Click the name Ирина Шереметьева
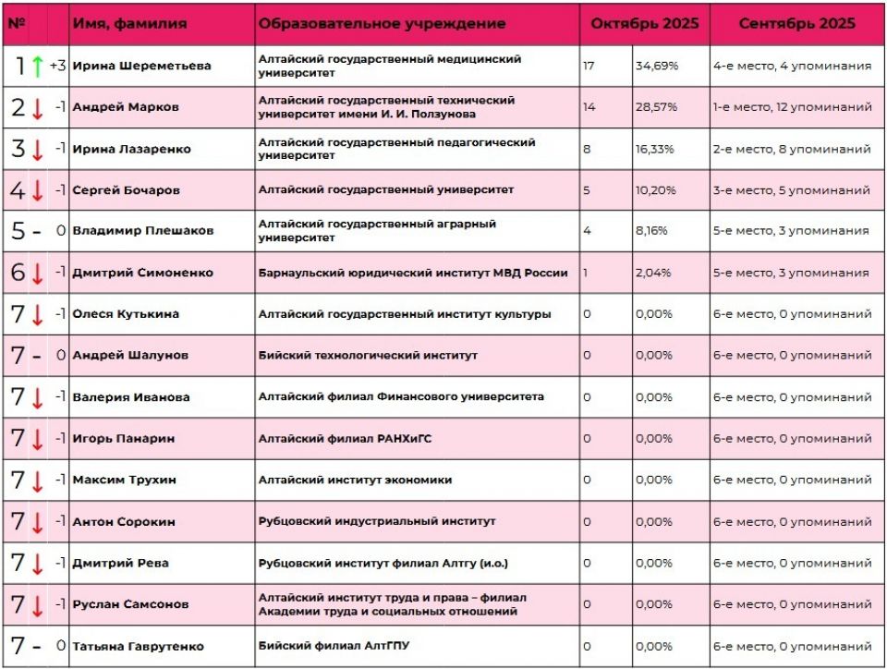(141, 66)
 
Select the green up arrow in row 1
(37, 66)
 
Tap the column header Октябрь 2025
(645, 23)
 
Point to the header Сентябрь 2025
(796, 23)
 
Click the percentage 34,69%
(656, 66)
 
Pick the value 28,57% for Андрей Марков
(656, 107)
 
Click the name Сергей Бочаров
(127, 190)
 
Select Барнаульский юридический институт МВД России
(413, 273)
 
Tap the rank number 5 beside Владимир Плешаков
(18, 231)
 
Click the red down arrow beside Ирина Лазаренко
(37, 149)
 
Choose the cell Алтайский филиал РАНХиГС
(345, 439)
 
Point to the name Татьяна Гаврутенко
(138, 646)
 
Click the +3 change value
(57, 66)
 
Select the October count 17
(589, 66)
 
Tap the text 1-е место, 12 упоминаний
(792, 107)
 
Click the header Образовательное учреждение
(382, 23)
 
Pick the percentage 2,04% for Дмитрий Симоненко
(655, 273)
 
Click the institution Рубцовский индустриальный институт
(377, 521)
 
